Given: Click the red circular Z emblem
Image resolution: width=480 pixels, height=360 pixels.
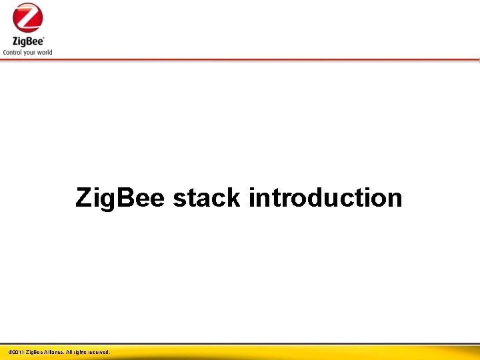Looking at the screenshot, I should point(27,17).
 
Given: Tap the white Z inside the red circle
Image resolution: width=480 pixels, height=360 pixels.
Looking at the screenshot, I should point(27,17).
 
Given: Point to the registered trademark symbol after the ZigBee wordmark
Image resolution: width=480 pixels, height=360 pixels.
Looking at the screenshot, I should point(43,37).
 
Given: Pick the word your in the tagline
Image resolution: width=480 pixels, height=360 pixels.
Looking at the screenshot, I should point(31,52).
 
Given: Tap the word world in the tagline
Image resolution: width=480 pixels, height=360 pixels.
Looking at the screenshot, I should point(45,52).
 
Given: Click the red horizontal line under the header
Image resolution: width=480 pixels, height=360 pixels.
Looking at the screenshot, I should point(240,60).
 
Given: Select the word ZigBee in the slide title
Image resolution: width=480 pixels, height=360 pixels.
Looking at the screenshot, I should point(120,198).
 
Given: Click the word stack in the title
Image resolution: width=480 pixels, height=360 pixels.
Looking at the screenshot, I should point(207,197).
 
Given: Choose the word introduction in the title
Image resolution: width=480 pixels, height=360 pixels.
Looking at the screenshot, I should point(325,197).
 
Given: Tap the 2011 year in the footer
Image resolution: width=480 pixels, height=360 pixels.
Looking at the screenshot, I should point(17,352).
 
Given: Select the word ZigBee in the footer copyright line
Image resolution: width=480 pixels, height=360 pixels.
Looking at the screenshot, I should point(33,352).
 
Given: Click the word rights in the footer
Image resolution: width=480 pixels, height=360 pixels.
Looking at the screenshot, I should point(79,352).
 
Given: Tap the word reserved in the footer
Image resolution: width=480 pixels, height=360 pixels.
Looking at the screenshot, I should point(99,352).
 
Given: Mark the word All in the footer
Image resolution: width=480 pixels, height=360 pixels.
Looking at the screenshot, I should point(69,352).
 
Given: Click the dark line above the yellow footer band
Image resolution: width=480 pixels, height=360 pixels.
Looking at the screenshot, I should point(240,344).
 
